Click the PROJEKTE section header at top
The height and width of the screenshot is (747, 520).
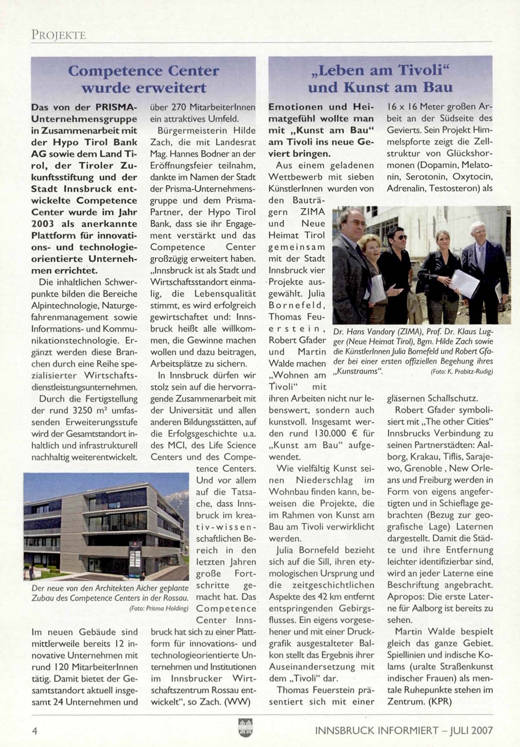pyautogui.click(x=58, y=35)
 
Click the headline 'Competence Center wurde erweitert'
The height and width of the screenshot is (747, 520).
pyautogui.click(x=144, y=79)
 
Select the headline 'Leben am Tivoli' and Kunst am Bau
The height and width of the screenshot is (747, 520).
pyautogui.click(x=380, y=78)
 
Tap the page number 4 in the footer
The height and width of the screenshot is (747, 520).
pyautogui.click(x=34, y=730)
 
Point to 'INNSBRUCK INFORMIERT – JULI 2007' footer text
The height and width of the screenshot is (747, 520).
pyautogui.click(x=404, y=730)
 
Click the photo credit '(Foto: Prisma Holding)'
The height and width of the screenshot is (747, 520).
pyautogui.click(x=159, y=609)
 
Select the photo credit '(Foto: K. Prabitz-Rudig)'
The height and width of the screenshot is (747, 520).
pyautogui.click(x=461, y=371)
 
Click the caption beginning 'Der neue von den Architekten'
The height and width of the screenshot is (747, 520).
pyautogui.click(x=110, y=593)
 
